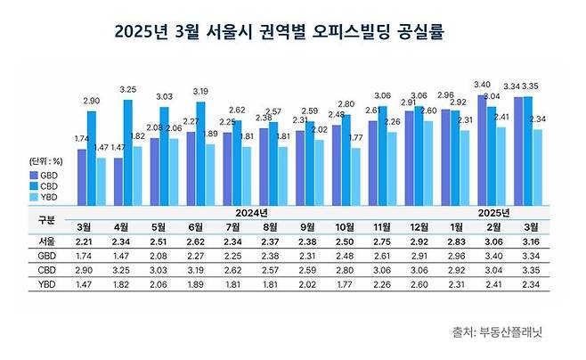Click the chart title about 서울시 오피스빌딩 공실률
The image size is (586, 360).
coord(280,32)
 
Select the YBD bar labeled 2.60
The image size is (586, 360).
coord(428,160)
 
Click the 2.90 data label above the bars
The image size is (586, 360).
coord(91,102)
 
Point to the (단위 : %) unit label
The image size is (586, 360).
coord(45,162)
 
